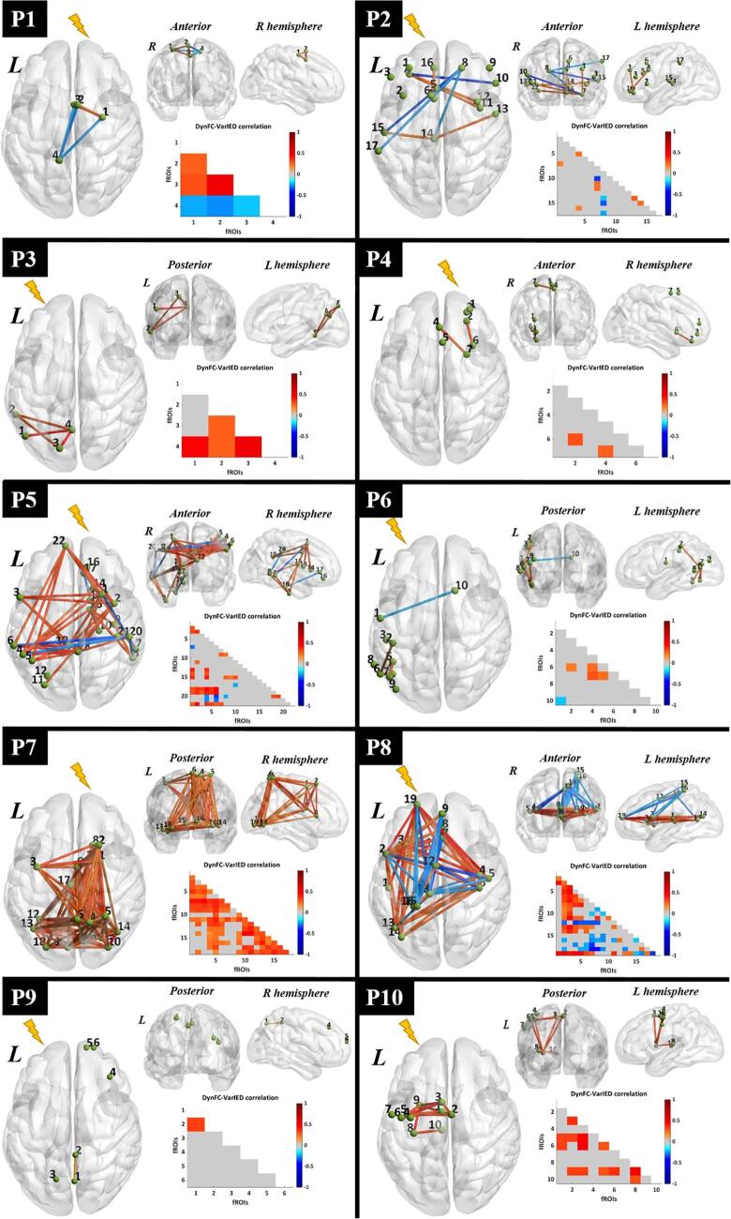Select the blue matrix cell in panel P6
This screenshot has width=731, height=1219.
[x=560, y=701]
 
